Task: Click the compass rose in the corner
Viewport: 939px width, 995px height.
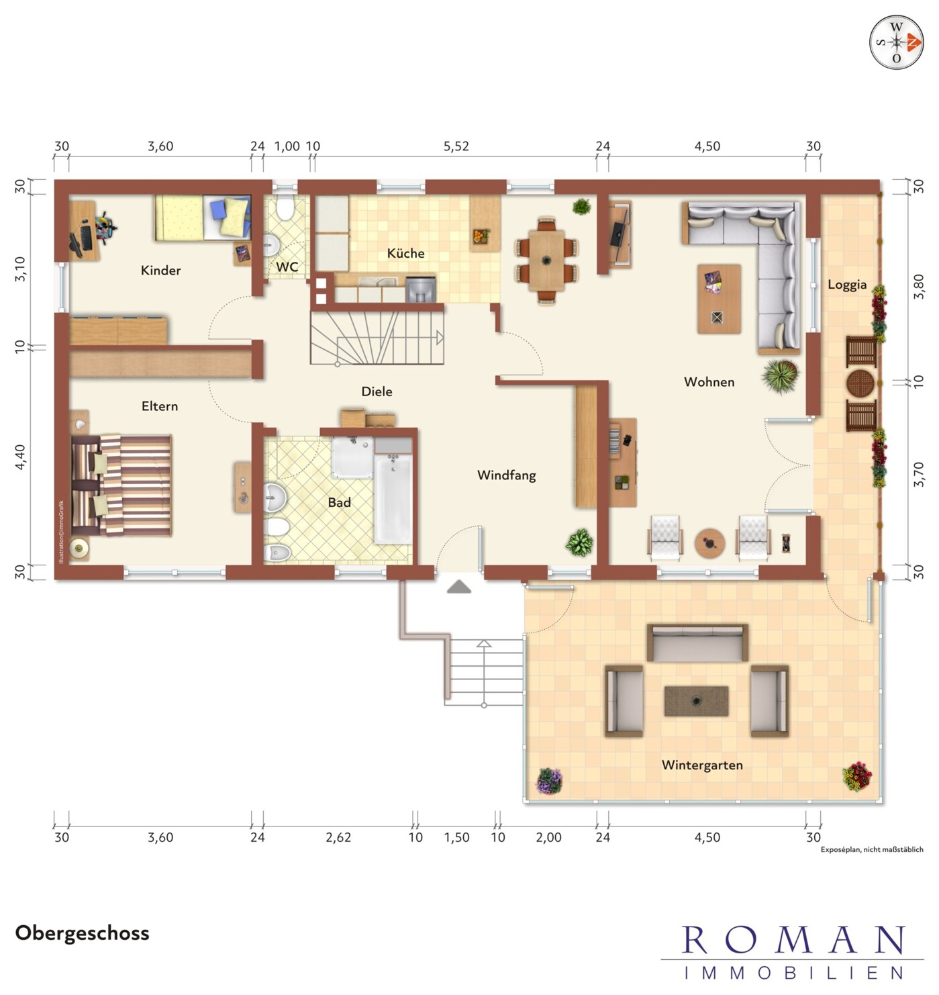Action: click(897, 42)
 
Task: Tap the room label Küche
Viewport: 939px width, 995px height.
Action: click(406, 253)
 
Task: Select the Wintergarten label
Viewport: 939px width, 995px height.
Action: click(702, 765)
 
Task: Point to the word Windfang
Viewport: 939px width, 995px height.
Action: click(507, 475)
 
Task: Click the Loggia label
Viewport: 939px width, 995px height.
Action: click(847, 285)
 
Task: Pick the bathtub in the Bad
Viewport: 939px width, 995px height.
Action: click(393, 498)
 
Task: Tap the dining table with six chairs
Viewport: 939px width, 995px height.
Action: click(546, 260)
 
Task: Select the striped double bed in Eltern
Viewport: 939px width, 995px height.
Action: click(121, 485)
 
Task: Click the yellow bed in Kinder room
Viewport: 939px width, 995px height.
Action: click(203, 218)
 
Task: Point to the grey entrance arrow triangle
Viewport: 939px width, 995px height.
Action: click(459, 587)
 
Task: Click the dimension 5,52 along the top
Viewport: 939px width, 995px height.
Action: click(456, 146)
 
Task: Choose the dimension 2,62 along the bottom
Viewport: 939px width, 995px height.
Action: click(338, 837)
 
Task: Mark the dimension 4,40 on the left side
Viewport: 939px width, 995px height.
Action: click(20, 457)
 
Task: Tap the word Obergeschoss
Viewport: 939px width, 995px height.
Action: click(82, 933)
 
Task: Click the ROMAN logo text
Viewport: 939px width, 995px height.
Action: click(793, 940)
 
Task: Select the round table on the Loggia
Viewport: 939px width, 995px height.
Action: click(860, 384)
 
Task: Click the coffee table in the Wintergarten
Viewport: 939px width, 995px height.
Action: click(696, 701)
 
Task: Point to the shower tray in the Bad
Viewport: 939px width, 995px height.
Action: click(353, 457)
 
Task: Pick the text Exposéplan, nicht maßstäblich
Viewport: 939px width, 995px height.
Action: click(872, 849)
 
